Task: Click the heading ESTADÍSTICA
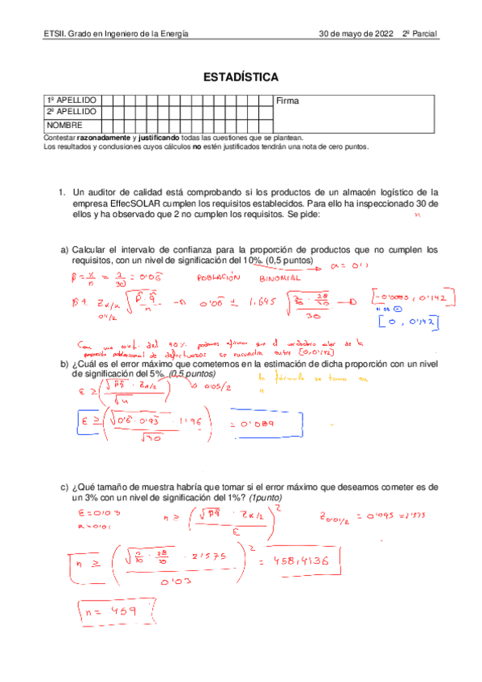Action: (241, 78)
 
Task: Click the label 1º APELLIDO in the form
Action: (72, 100)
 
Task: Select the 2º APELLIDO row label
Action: (72, 112)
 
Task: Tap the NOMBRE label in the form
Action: (65, 125)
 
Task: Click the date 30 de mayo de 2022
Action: (356, 35)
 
